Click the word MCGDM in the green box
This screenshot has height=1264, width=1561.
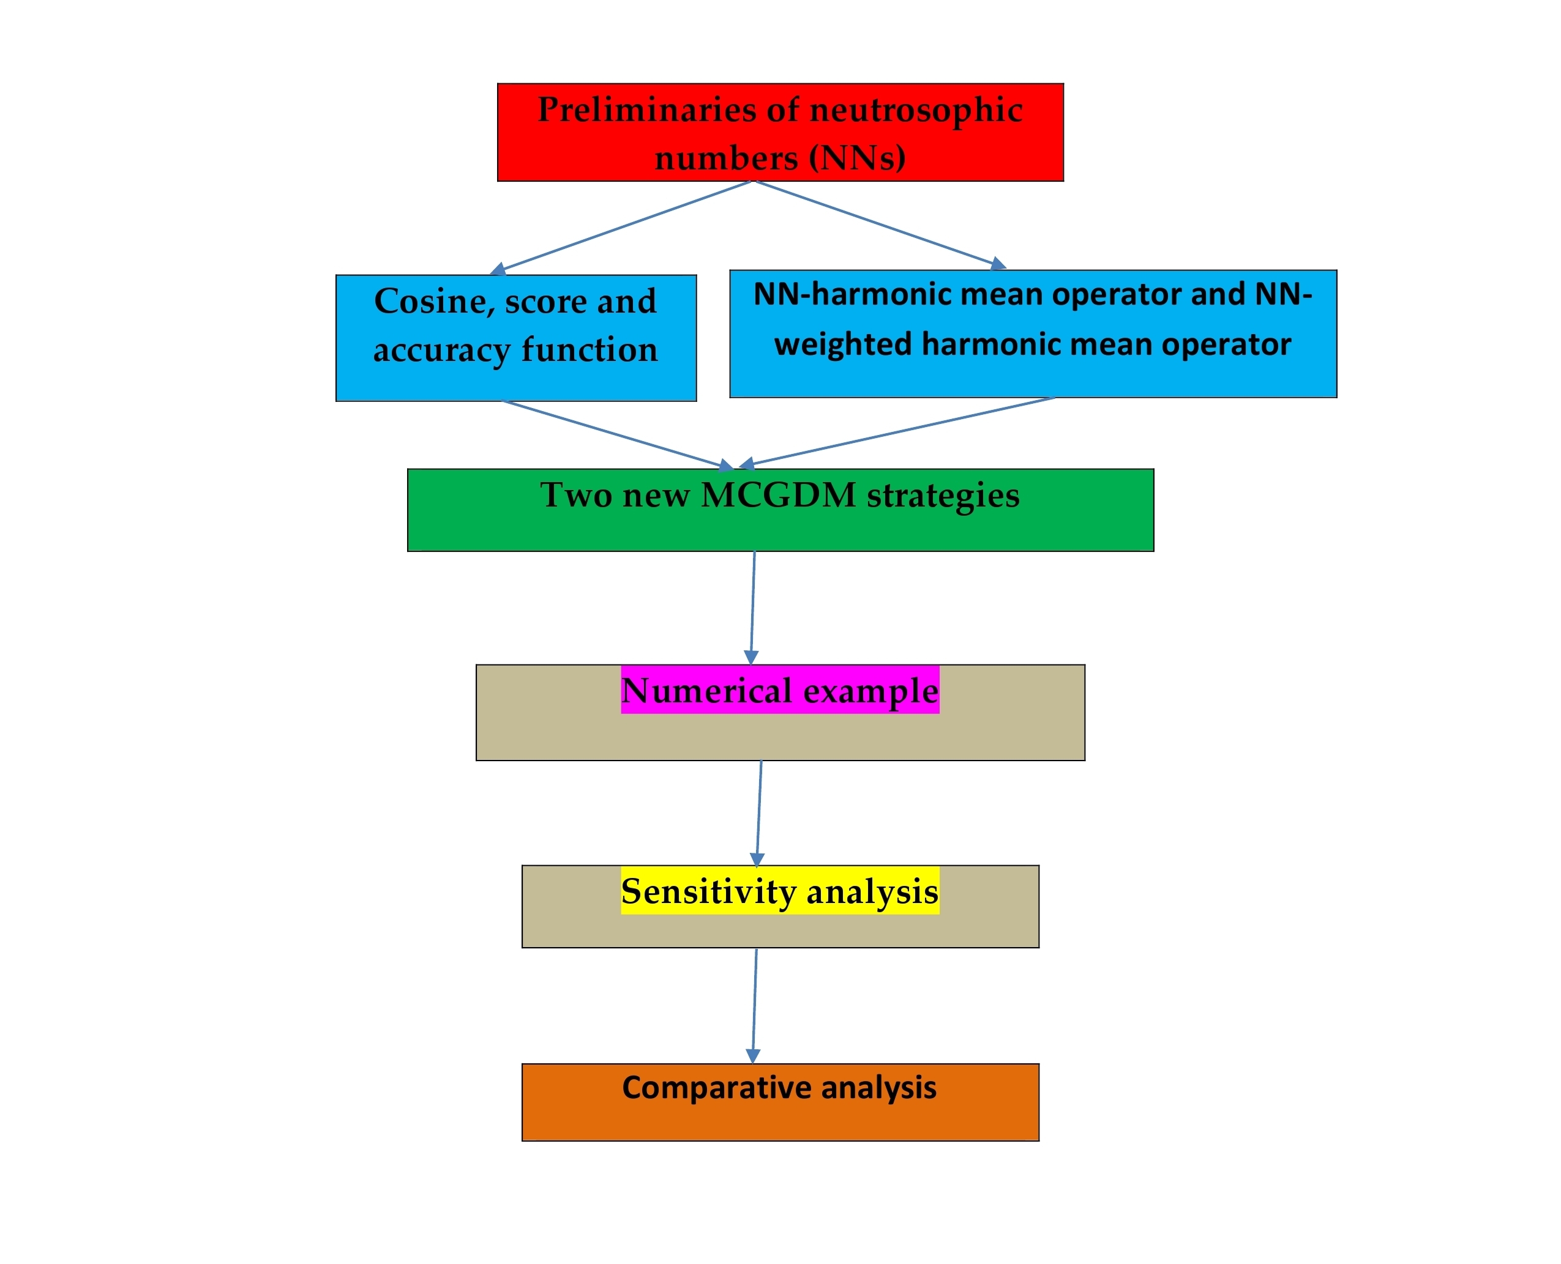(x=778, y=496)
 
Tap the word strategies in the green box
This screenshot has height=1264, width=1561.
(x=943, y=496)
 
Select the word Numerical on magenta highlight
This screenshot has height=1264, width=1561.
(x=706, y=691)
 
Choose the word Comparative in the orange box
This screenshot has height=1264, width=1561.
(x=717, y=1088)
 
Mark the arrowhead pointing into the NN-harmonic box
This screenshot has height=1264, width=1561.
(x=998, y=264)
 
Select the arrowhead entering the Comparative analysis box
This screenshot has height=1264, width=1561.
(x=753, y=1057)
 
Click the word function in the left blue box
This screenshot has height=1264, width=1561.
(x=590, y=350)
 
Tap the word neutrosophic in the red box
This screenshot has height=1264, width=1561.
(x=916, y=111)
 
